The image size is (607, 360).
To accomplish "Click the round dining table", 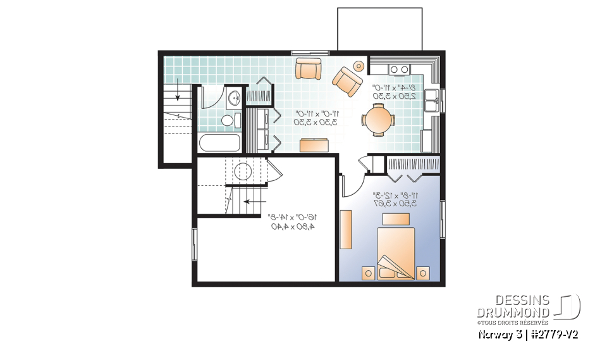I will click(377, 120).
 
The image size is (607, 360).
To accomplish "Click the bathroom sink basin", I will click(234, 98).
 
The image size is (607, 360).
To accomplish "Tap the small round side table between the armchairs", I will click(359, 65).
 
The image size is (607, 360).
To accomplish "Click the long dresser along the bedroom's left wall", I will click(346, 230).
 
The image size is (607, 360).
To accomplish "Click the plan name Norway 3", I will click(498, 334).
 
